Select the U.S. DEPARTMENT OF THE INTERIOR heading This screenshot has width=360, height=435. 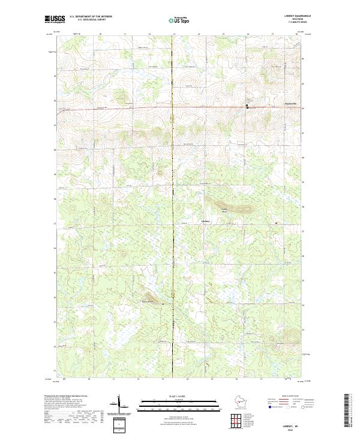[x=91, y=17]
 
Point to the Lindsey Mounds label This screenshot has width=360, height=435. [x=224, y=211]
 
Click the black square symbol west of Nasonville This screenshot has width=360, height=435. [x=247, y=106]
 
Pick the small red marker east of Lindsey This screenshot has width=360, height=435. [x=276, y=223]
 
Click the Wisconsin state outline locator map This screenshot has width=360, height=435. [x=239, y=401]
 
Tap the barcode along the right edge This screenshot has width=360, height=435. [x=346, y=408]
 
